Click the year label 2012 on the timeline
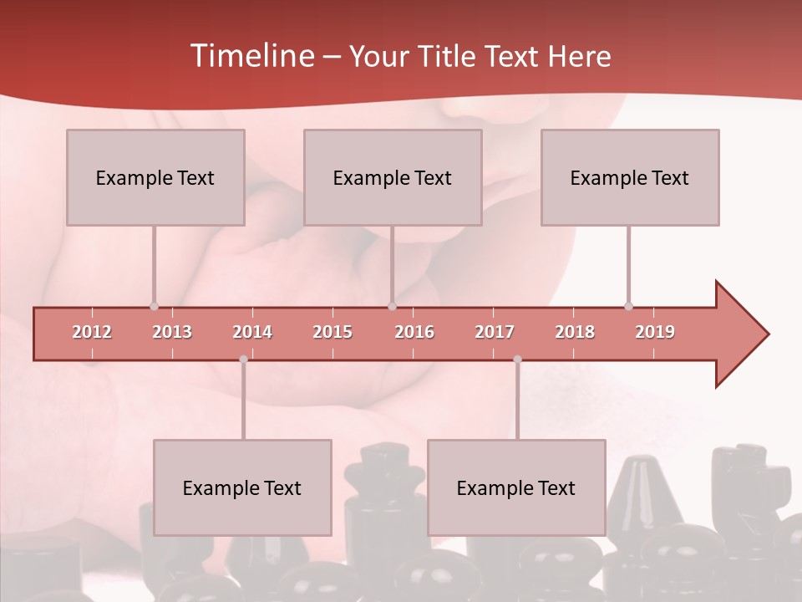[92, 332]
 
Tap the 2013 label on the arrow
[172, 332]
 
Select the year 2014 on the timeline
[252, 332]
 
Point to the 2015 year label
[332, 332]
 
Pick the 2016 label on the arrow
[414, 332]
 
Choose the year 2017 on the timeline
[495, 332]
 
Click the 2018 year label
[575, 332]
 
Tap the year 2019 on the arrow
[655, 332]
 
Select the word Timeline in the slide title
[251, 56]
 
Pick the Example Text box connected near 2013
[155, 177]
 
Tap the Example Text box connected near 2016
[393, 177]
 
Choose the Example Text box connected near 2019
[630, 177]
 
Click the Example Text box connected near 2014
[242, 487]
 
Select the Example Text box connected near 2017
[516, 487]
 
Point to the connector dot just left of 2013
[154, 306]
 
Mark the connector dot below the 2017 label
[517, 360]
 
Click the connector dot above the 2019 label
[628, 306]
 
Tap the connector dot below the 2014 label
[243, 360]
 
